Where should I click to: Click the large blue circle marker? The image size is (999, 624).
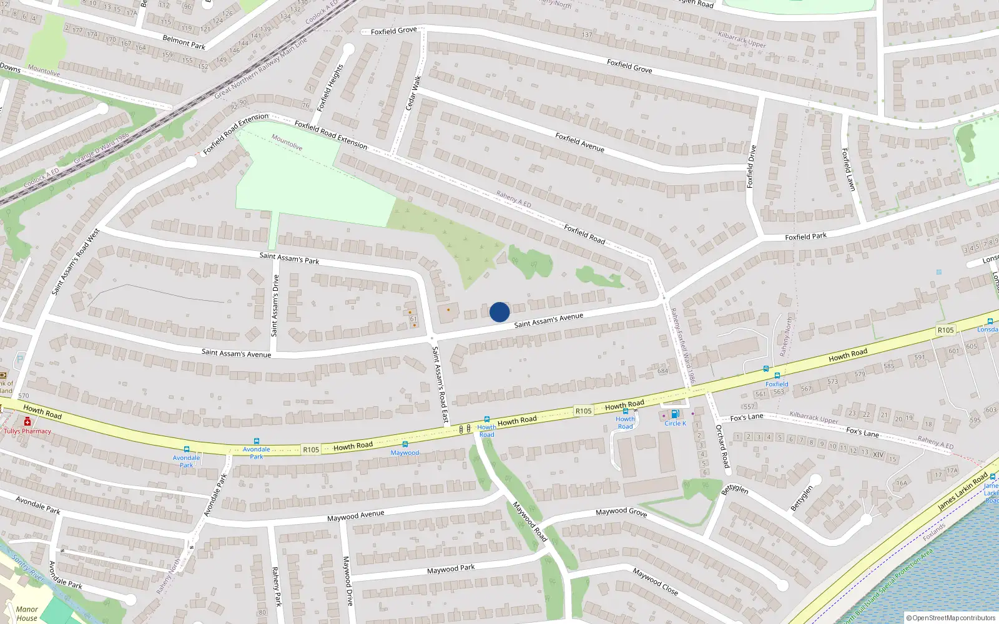coord(499,312)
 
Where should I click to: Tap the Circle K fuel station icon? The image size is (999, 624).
coord(674,414)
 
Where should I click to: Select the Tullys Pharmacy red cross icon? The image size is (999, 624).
coord(27,422)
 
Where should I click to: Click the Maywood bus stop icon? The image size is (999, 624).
coord(405,444)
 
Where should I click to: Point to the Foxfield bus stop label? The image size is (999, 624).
coord(777,384)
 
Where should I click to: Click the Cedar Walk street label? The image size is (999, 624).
coord(413,93)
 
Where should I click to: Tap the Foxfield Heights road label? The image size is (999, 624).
coord(330,87)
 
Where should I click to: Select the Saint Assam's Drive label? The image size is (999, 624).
coord(275,306)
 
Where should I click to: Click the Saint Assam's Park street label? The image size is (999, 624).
coord(289,258)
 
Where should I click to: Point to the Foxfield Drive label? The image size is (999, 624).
coord(751,166)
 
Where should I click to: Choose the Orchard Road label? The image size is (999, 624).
coord(722,446)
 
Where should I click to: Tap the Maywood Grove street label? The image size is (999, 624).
coord(621,512)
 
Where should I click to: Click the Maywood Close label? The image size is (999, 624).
coord(655,581)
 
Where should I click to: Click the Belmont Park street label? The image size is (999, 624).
coord(184,42)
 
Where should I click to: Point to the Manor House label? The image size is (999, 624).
coord(27,613)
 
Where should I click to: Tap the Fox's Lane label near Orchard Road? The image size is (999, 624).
coord(746,417)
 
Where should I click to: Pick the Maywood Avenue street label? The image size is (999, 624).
coord(355,515)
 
